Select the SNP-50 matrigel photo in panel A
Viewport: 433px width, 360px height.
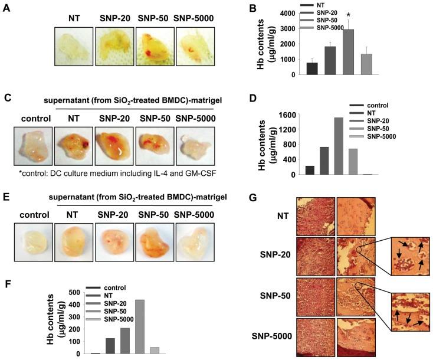pyautogui.click(x=155, y=47)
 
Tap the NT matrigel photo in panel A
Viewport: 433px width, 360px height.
pyautogui.click(x=74, y=47)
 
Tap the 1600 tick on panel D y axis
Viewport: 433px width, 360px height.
pyautogui.click(x=290, y=114)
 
